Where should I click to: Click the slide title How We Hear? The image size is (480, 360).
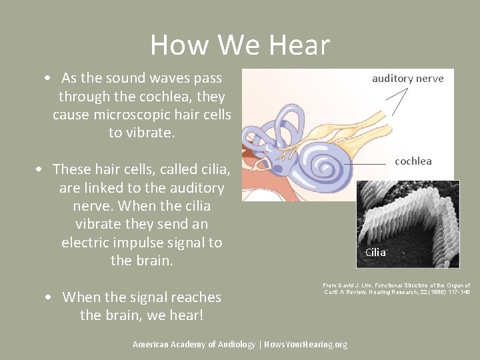pos(240,45)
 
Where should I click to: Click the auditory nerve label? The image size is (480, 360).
pos(407,79)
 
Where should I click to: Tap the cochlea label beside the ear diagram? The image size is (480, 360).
pos(413,161)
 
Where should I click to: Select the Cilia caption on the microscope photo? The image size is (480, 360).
pos(375,253)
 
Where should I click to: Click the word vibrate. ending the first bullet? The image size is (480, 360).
pos(141,133)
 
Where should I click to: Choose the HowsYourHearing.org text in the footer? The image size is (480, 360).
pos(305,345)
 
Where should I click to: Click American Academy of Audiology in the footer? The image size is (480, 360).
pos(193,345)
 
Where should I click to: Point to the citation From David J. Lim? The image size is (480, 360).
pos(397,289)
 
